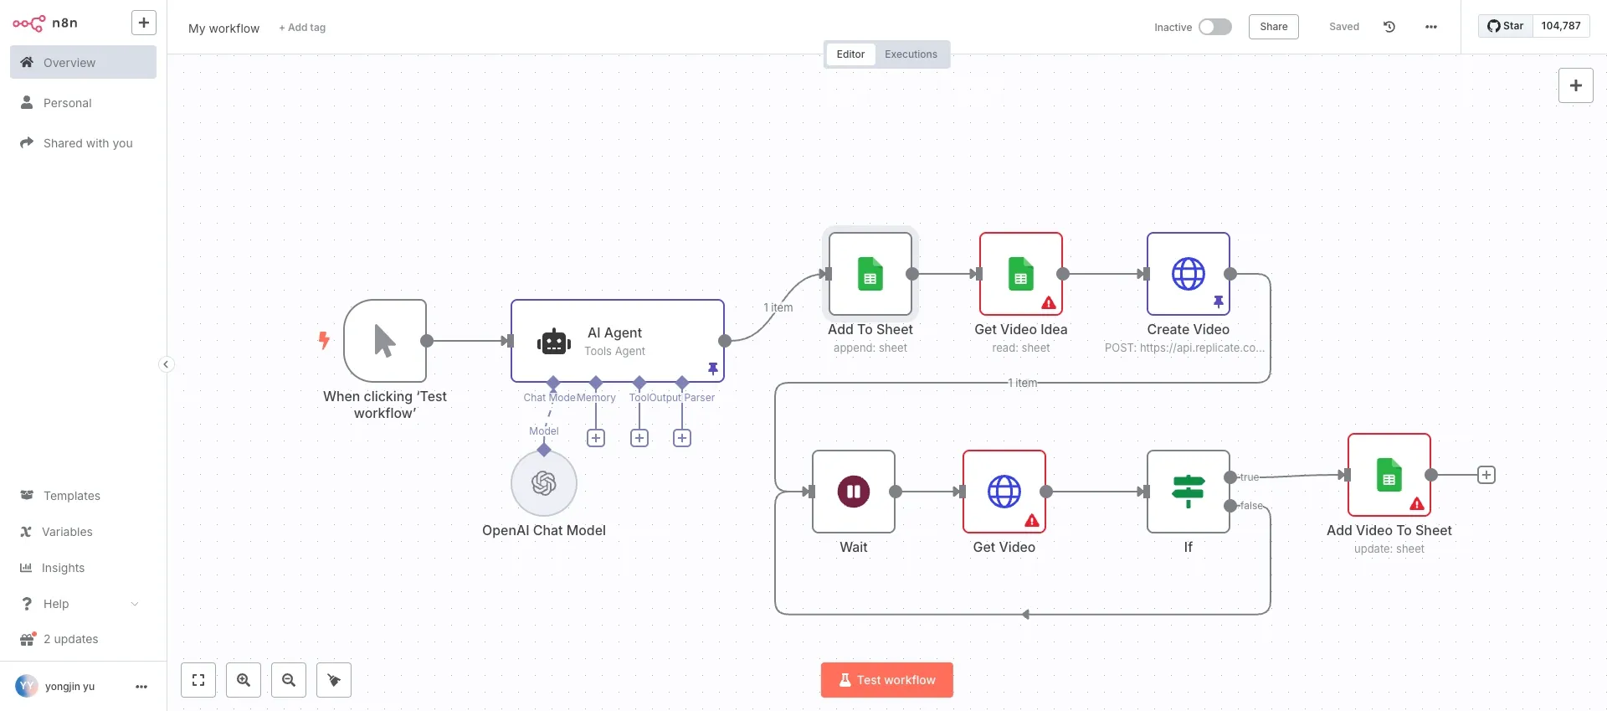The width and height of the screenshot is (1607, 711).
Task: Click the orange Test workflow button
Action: tap(886, 680)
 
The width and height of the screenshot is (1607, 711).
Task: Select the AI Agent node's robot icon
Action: tap(553, 342)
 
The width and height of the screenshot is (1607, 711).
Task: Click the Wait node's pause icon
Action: tap(853, 492)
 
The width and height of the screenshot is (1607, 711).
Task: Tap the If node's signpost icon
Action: tap(1188, 492)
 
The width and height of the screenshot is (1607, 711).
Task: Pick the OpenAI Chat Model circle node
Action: tap(544, 483)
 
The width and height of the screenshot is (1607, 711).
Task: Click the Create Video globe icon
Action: tap(1188, 274)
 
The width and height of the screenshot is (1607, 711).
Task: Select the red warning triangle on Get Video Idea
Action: tap(1049, 303)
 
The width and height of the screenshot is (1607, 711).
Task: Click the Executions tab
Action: tap(911, 54)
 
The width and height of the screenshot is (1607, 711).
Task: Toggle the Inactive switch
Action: tap(1214, 27)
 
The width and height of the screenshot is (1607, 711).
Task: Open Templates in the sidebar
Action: tap(71, 496)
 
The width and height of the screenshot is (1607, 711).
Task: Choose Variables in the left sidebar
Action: tap(67, 532)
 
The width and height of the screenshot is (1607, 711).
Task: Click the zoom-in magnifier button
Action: tap(244, 680)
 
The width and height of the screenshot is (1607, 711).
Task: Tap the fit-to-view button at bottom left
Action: tap(198, 680)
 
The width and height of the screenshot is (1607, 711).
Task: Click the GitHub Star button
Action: tap(1505, 26)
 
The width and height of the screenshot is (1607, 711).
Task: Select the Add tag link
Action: tap(302, 28)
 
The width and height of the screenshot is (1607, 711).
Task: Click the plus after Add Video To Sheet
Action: tap(1486, 475)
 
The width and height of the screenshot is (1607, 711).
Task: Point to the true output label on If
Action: tap(1250, 477)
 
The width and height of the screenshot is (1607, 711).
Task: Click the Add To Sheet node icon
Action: tap(870, 274)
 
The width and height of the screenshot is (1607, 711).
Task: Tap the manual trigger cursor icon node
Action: tap(384, 341)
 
